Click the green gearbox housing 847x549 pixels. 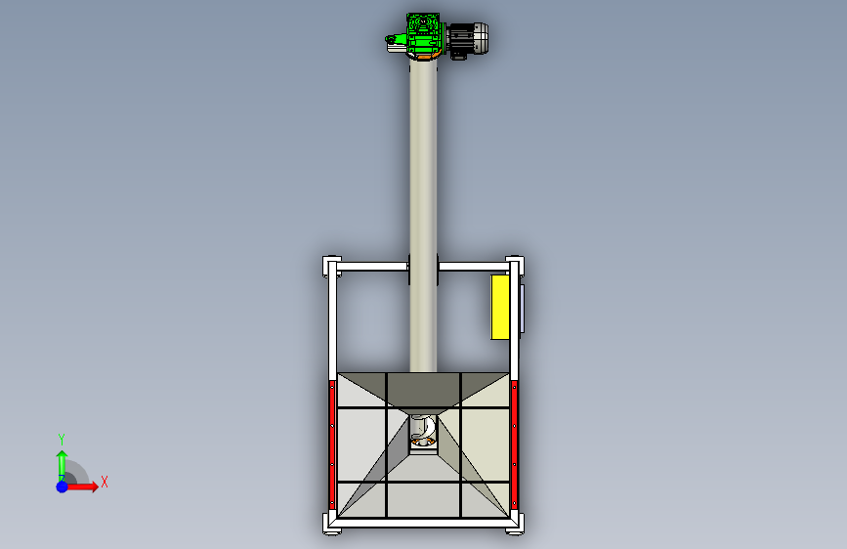[424, 34]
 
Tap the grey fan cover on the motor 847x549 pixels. [481, 38]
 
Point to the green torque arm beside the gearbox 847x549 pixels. [396, 39]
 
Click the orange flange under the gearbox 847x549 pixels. [425, 57]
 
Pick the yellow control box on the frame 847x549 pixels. [500, 307]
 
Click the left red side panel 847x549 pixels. [332, 444]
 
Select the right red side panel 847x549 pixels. [514, 444]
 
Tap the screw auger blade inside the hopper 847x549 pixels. [423, 429]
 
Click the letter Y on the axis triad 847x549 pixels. [62, 439]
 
